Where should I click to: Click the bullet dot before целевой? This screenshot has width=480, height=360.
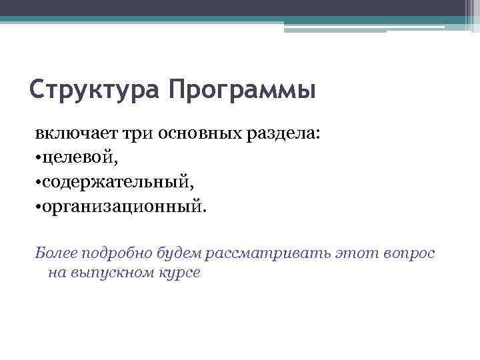tap(38, 157)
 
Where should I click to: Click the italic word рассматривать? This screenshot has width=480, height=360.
tap(262, 253)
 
